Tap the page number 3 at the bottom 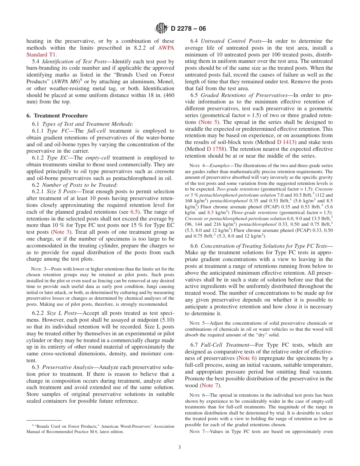tap(180, 447)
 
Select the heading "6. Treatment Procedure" tap(57, 116)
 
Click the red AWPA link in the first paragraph tap(166, 48)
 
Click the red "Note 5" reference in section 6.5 tap(208, 122)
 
